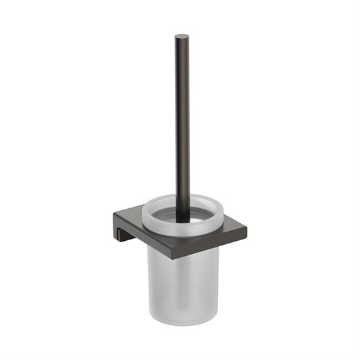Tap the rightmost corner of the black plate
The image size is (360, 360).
tap(248, 230)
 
